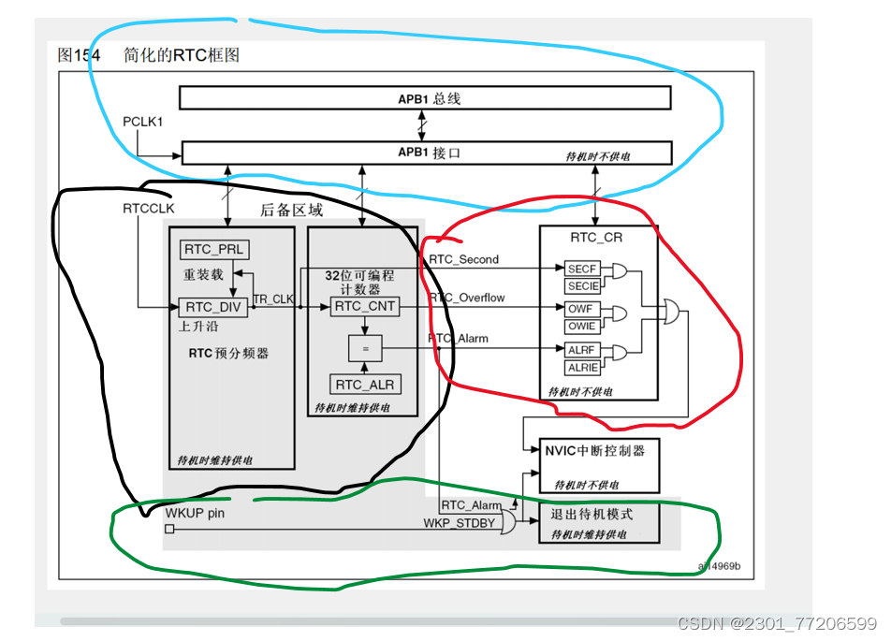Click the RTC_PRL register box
point(214,249)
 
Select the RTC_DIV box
point(212,307)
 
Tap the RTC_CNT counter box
point(364,306)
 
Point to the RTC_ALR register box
point(364,385)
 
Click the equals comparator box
point(364,349)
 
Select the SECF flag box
point(581,269)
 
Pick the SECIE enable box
point(581,284)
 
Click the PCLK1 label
point(143,122)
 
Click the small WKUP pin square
point(169,529)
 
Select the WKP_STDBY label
point(459,522)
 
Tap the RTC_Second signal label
point(464,259)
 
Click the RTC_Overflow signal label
point(467,298)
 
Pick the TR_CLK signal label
point(273,298)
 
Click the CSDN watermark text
point(777,623)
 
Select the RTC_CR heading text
point(595,237)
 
